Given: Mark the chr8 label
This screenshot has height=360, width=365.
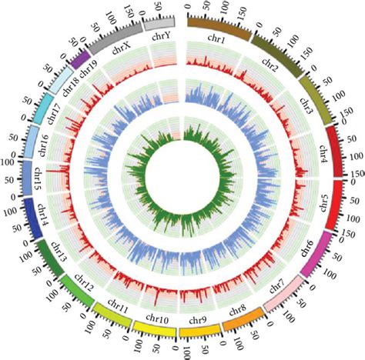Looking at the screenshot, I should pos(237,308).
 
